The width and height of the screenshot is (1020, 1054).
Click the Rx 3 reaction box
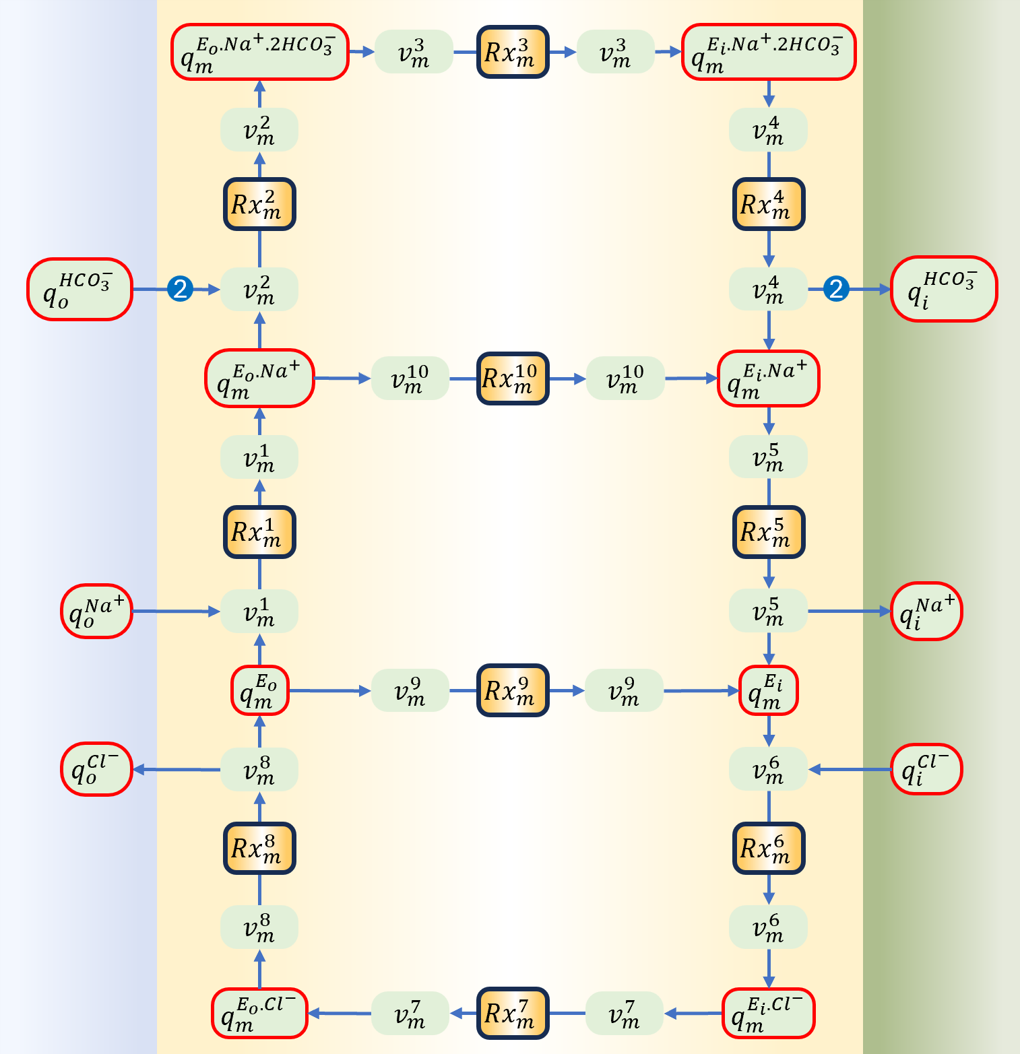click(513, 52)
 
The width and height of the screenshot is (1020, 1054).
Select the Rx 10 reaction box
click(513, 378)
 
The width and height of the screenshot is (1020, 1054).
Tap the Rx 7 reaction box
click(513, 1013)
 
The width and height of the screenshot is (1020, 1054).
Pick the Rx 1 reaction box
click(259, 532)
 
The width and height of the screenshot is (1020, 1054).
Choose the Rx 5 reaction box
click(769, 532)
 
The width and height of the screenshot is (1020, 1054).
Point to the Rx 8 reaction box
click(259, 848)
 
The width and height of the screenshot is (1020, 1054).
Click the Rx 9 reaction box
click(513, 690)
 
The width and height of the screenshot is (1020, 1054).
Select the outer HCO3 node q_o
click(79, 289)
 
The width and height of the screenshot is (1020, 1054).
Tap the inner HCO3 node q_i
click(943, 289)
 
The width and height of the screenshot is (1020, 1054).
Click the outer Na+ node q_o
click(96, 612)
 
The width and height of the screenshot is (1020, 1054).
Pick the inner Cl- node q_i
click(926, 769)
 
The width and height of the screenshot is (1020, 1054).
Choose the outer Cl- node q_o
click(96, 769)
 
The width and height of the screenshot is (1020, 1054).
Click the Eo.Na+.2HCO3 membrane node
click(259, 52)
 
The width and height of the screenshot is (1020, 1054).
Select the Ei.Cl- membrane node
click(768, 1013)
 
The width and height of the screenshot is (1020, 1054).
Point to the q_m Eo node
click(259, 690)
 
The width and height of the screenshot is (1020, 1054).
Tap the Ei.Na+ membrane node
click(768, 378)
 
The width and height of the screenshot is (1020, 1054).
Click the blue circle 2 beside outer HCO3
click(180, 289)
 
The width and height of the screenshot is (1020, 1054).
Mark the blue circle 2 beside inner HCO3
click(835, 289)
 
